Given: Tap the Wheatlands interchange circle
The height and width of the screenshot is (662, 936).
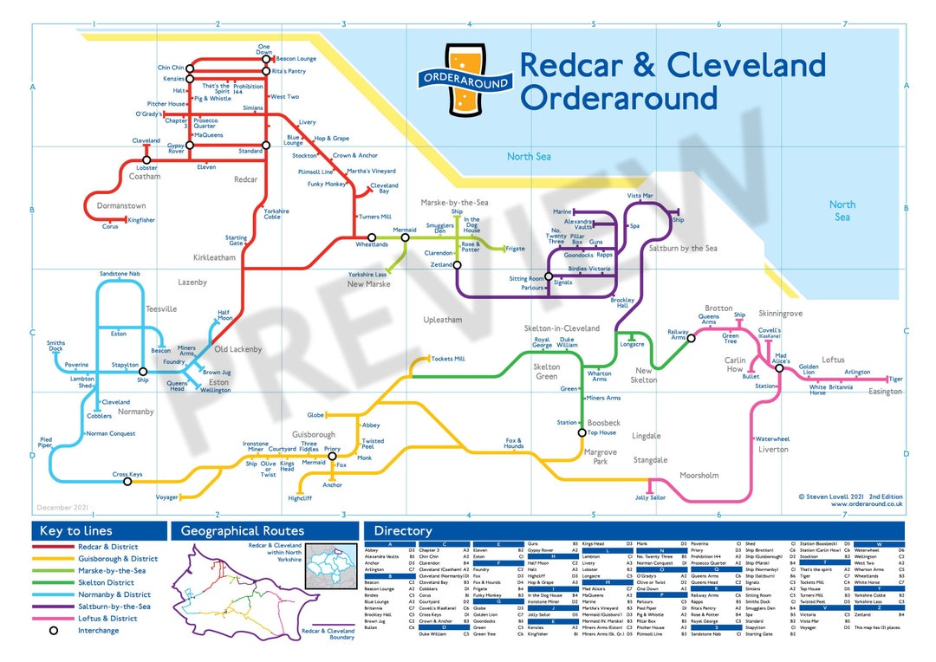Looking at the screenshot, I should coord(372,237).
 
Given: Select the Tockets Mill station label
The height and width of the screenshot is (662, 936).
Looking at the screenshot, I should coord(448,359).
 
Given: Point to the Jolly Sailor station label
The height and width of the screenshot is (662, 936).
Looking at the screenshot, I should coord(650,498).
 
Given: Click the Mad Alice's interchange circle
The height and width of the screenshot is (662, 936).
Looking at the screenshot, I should coord(780,368).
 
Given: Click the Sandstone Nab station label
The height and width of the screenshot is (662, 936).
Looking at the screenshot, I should coord(120,274).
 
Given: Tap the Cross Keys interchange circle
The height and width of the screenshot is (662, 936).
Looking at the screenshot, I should coord(127,481).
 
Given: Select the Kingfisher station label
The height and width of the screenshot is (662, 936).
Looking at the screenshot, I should coord(141,220).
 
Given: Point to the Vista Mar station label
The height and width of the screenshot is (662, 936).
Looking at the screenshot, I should coord(640,197).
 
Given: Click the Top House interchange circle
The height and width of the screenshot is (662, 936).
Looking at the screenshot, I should coord(582,432).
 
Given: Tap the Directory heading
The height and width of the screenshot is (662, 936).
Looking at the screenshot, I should coord(403,530).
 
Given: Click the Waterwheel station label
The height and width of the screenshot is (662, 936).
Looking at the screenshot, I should coord(772,439).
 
